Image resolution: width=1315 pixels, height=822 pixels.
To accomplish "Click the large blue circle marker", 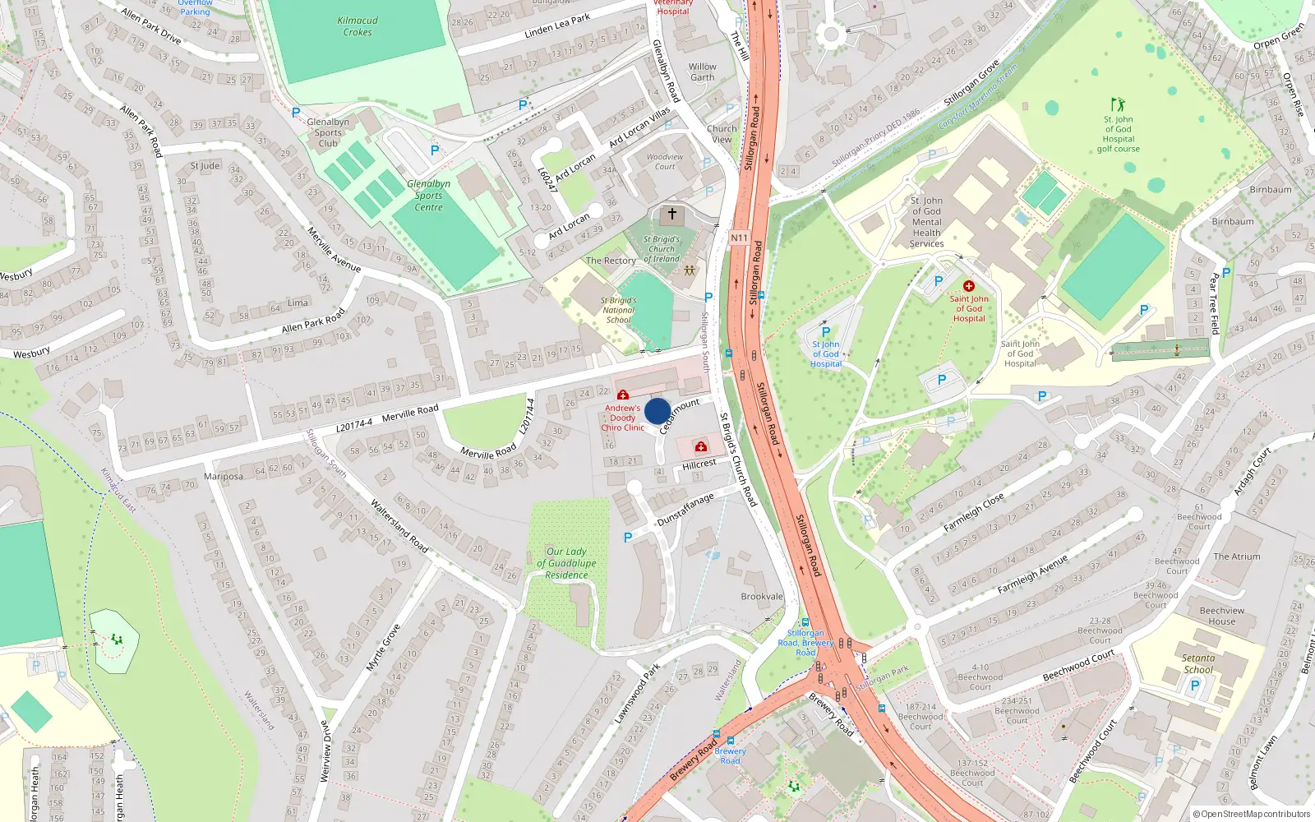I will (x=657, y=411).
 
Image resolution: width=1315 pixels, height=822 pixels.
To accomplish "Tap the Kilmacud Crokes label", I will (x=358, y=26).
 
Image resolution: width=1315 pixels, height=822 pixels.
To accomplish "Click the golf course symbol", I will (x=1118, y=104).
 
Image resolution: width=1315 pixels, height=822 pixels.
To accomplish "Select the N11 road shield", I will (x=739, y=238).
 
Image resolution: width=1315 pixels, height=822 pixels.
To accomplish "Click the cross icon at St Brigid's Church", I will (x=671, y=215).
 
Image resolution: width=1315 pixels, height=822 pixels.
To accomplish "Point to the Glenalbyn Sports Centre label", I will (x=428, y=196).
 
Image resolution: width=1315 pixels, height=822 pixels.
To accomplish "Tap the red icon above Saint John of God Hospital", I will (x=969, y=286).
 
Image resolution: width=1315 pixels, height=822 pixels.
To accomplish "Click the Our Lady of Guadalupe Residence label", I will (x=566, y=563).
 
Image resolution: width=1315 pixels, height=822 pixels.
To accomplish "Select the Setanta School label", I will (x=1198, y=663).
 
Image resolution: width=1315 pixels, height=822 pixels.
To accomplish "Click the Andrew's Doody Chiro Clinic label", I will (x=622, y=418).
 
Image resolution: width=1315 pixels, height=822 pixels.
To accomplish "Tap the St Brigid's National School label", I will (x=619, y=310).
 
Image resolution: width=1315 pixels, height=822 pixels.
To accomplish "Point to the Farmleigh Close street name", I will (x=974, y=512).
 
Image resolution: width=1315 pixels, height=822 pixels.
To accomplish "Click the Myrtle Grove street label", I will (x=383, y=648).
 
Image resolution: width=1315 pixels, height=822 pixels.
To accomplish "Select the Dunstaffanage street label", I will (x=685, y=510).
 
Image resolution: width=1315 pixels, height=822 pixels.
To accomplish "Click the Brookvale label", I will (x=762, y=597).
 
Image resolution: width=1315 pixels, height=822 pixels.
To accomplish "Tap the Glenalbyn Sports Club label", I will (x=328, y=132).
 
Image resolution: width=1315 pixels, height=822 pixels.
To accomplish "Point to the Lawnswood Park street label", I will (x=637, y=694).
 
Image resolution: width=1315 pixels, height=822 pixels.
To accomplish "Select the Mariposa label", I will (x=224, y=477).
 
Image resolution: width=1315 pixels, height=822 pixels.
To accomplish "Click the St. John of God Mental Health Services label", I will (x=926, y=222).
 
